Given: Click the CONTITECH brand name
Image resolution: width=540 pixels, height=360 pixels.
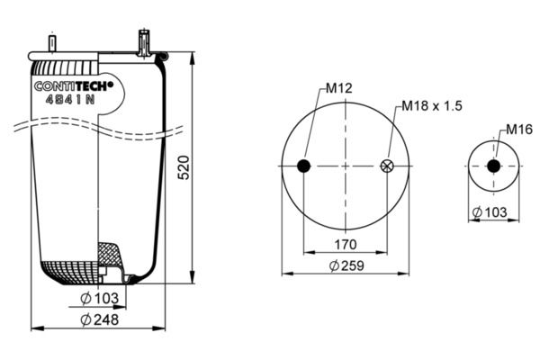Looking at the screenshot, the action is click(x=74, y=86).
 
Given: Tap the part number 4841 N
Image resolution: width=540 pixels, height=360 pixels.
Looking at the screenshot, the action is click(x=70, y=100).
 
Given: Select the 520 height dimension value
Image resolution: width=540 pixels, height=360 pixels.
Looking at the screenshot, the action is click(x=184, y=167).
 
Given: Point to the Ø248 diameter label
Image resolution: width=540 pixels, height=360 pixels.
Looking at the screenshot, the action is click(x=100, y=319).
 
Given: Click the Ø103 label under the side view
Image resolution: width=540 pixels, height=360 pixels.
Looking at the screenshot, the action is click(x=100, y=298).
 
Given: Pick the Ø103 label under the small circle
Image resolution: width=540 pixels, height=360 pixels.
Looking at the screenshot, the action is click(x=490, y=212).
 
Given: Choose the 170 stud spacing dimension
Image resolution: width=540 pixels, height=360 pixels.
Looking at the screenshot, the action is click(x=346, y=245).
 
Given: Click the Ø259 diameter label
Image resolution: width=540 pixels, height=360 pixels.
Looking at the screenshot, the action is click(x=346, y=265).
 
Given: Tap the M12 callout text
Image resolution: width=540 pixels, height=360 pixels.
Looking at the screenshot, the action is click(x=339, y=88).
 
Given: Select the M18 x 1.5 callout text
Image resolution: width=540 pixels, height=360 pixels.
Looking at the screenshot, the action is click(x=432, y=106).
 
